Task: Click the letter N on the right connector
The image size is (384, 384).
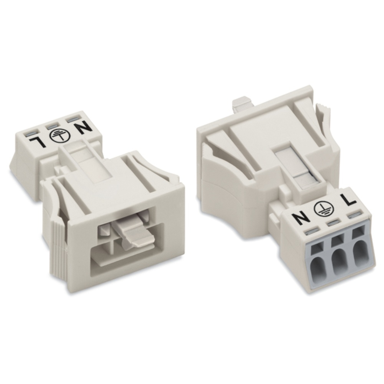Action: click(300, 219)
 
